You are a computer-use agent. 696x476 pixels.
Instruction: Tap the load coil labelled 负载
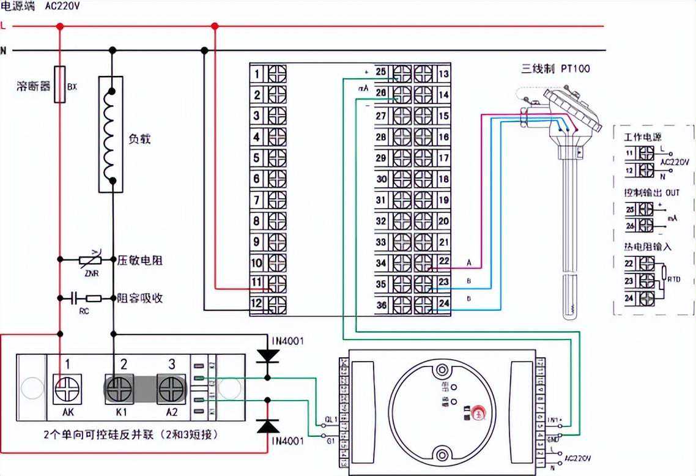click(111, 135)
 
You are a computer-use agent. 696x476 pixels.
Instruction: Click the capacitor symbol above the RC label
click(75, 299)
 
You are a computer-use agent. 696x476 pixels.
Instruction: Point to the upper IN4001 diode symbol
click(267, 355)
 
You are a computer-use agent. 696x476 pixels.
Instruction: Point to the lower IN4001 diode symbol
click(267, 425)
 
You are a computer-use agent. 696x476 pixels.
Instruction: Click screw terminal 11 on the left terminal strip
click(277, 283)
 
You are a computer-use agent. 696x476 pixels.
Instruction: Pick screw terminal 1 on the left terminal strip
click(277, 74)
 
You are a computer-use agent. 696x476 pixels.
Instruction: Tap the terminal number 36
click(381, 305)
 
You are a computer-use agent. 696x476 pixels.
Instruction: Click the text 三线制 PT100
click(555, 69)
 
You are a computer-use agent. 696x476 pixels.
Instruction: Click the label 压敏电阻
click(140, 261)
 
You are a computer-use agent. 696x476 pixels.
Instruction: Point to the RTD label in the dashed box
click(673, 279)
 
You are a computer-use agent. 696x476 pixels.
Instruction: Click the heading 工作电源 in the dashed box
click(642, 137)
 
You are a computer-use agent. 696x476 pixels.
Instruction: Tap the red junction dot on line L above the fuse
click(60, 26)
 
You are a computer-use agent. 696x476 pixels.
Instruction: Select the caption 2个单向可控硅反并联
click(131, 435)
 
